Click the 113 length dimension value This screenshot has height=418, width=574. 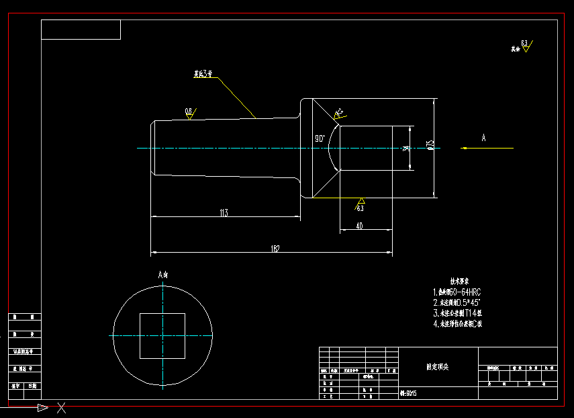[x=224, y=212]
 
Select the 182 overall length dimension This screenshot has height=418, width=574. [x=275, y=249]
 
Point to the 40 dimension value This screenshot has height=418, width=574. [x=359, y=226]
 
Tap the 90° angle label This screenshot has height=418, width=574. [x=320, y=138]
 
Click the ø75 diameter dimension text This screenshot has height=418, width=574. [x=430, y=144]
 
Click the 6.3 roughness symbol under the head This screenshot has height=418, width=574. [x=361, y=204]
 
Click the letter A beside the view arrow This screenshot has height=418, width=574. [x=483, y=138]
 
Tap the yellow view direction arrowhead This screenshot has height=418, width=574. [x=465, y=148]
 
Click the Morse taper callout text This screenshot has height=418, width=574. [x=199, y=75]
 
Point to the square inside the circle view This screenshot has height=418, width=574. [x=162, y=335]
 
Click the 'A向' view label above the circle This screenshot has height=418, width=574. [x=163, y=274]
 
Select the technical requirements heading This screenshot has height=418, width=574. [x=459, y=281]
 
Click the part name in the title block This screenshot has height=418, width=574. [x=437, y=367]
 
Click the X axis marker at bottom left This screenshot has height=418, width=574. [x=61, y=407]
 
